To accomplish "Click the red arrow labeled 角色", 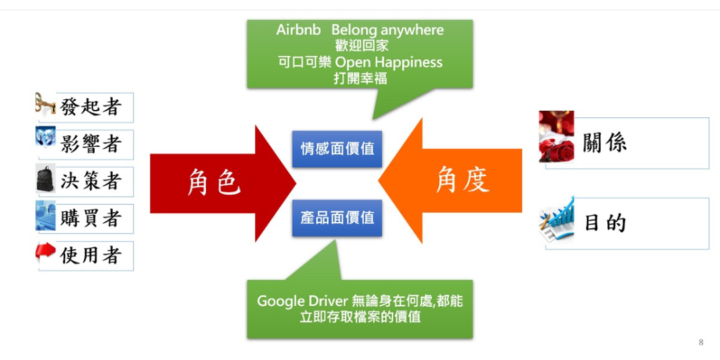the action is click(x=223, y=183).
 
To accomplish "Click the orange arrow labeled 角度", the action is click(x=450, y=181).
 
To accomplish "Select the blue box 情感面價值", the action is click(x=337, y=149).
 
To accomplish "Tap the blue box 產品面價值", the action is click(x=337, y=217).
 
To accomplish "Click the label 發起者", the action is click(x=91, y=107).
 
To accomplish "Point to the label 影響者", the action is click(x=91, y=144).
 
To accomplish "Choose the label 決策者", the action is click(x=91, y=181).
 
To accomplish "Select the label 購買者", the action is click(x=91, y=219).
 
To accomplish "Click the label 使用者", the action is click(x=91, y=256).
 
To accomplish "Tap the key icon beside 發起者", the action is click(x=45, y=104).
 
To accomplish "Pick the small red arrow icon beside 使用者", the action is click(x=45, y=253).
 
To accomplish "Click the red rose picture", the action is click(x=557, y=137).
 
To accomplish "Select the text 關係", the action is click(x=605, y=143).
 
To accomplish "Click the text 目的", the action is click(x=605, y=223).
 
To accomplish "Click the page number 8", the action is click(x=701, y=342).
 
